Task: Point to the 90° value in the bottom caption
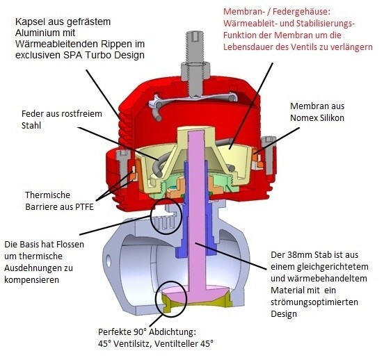point(141,332)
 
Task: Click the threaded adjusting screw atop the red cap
point(195,47)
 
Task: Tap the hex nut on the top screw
point(195,70)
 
